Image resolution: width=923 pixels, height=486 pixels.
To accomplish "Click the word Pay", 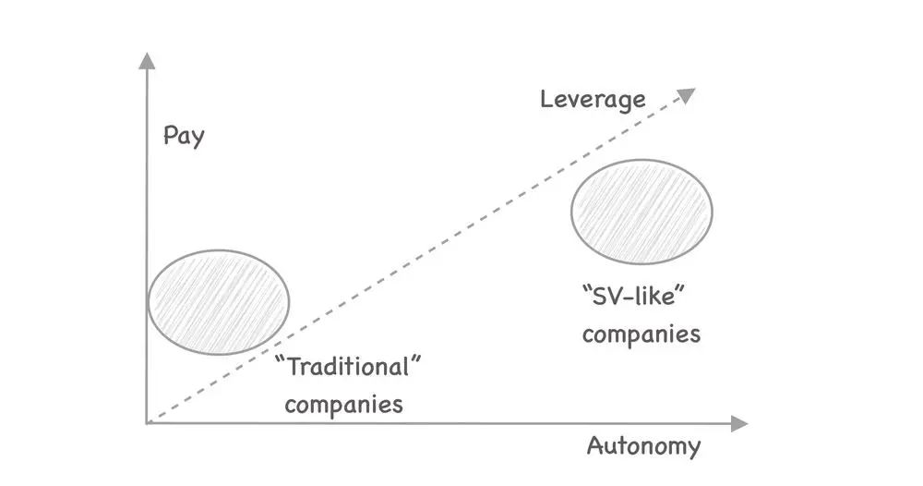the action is [x=183, y=137].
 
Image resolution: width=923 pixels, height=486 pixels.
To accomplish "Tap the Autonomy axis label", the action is [x=643, y=447].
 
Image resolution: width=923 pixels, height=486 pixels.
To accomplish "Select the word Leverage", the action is [x=593, y=98].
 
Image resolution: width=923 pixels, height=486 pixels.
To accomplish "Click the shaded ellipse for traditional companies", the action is [x=219, y=301].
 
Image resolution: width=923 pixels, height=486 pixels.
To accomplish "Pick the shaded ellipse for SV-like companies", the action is [x=642, y=212].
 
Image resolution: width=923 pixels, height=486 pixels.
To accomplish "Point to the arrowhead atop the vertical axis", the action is [x=145, y=60].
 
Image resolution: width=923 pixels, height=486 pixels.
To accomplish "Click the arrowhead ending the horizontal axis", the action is [x=738, y=423].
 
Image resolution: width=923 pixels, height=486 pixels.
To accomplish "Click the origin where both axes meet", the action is [x=147, y=422].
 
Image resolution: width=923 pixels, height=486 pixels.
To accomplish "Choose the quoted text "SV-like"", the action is [x=637, y=298].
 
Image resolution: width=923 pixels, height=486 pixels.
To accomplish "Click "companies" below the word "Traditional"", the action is [x=343, y=404].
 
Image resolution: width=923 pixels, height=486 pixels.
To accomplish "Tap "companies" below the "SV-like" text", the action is [x=641, y=334].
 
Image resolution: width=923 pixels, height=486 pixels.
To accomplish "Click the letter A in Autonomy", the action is [x=595, y=446].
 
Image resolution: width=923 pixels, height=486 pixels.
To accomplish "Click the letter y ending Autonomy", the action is [x=693, y=450].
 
